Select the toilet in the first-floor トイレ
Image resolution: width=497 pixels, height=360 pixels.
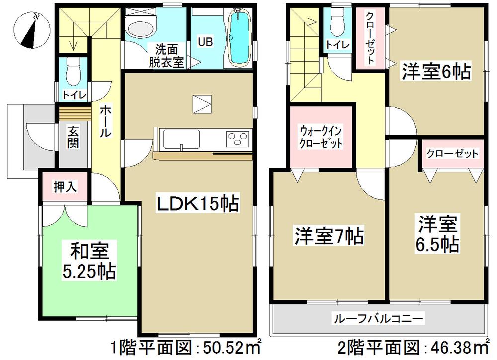(73, 72)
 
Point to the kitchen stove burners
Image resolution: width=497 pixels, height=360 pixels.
(237, 138)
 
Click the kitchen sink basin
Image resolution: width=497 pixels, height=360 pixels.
(181, 138)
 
